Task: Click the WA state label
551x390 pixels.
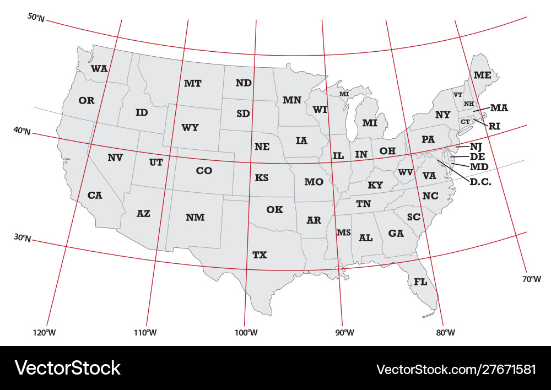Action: [99, 69]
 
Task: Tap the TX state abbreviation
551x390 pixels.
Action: [260, 255]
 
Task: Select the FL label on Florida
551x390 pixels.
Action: [420, 282]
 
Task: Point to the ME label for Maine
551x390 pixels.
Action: [482, 75]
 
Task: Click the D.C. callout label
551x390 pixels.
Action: [480, 181]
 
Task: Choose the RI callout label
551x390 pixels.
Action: [494, 126]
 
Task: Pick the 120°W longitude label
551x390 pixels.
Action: [45, 332]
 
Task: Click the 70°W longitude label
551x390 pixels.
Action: [532, 279]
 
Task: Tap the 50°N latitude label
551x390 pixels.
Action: [36, 18]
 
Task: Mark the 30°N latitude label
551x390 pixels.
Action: [22, 238]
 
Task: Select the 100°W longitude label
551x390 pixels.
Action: [246, 332]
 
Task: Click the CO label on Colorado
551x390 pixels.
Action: [204, 171]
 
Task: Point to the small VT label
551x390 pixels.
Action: [458, 95]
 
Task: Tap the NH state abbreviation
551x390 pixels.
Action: [469, 104]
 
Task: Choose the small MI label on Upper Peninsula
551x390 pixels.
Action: [344, 94]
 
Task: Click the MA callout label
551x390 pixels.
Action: [499, 107]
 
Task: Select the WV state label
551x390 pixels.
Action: [406, 172]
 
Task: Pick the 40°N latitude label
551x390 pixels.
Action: [22, 131]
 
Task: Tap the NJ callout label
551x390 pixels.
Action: [476, 147]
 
